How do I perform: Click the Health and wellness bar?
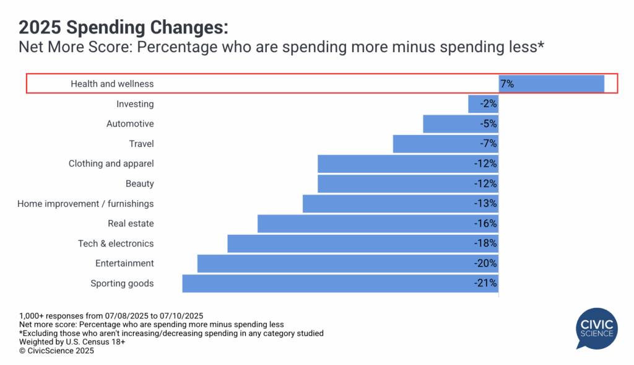pyautogui.click(x=551, y=84)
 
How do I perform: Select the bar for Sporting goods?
pyautogui.click(x=340, y=283)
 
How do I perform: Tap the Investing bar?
pyautogui.click(x=483, y=104)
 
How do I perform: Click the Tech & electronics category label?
pyautogui.click(x=116, y=244)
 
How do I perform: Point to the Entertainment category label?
pyautogui.click(x=124, y=263)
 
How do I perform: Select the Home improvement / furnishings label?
pyautogui.click(x=85, y=204)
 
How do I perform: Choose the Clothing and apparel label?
pyautogui.click(x=111, y=164)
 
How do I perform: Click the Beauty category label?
pyautogui.click(x=140, y=184)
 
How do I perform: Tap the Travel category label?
pyautogui.click(x=141, y=144)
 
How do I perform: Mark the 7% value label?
pyautogui.click(x=507, y=84)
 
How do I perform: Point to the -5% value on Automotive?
pyautogui.click(x=489, y=124)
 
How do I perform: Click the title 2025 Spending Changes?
pyautogui.click(x=124, y=27)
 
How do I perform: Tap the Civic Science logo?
pyautogui.click(x=597, y=328)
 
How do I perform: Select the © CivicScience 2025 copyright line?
pyautogui.click(x=56, y=350)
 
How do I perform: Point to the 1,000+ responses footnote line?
pyautogui.click(x=111, y=315)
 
